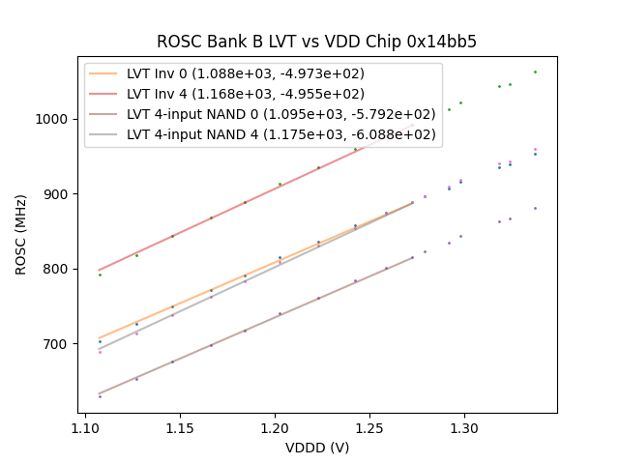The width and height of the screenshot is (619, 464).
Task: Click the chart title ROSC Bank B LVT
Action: point(316,42)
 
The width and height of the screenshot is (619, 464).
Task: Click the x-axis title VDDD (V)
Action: point(316,448)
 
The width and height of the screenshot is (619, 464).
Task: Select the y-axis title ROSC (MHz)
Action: point(21,234)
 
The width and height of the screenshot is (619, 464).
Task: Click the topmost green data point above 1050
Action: point(535,72)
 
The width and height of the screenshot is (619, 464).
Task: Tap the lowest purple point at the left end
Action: point(100,396)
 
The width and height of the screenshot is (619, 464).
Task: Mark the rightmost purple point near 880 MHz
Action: point(535,208)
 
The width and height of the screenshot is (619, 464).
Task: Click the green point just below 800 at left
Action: point(100,275)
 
